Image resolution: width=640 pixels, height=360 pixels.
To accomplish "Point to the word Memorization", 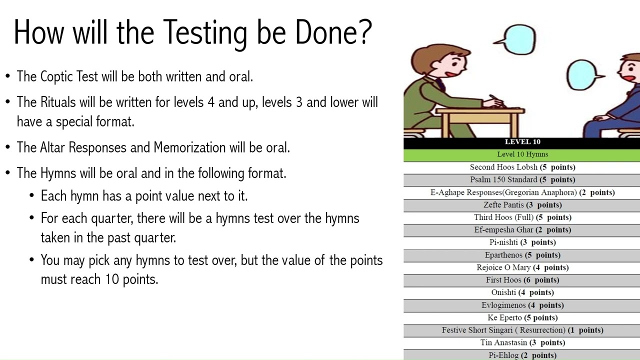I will tap(189, 148).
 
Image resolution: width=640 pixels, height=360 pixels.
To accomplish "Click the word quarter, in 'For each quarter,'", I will tap(112, 218).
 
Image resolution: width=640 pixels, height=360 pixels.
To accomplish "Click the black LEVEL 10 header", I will tap(522, 142).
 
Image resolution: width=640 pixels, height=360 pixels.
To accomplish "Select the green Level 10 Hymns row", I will tap(522, 154).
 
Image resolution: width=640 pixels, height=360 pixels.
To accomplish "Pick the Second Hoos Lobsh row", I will tap(522, 167).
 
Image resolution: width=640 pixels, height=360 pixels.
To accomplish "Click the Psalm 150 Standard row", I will tap(522, 179).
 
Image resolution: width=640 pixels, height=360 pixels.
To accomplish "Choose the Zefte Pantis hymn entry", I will tap(522, 205).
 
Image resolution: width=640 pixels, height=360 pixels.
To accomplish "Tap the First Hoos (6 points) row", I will tap(522, 280).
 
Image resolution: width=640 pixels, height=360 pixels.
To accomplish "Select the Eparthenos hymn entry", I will tap(522, 255).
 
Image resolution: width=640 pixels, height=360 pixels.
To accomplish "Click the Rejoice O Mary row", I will tap(522, 267).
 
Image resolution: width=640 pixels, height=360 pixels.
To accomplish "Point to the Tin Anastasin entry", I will tap(522, 342).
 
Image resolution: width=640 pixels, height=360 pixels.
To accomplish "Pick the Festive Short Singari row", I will tap(522, 330).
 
